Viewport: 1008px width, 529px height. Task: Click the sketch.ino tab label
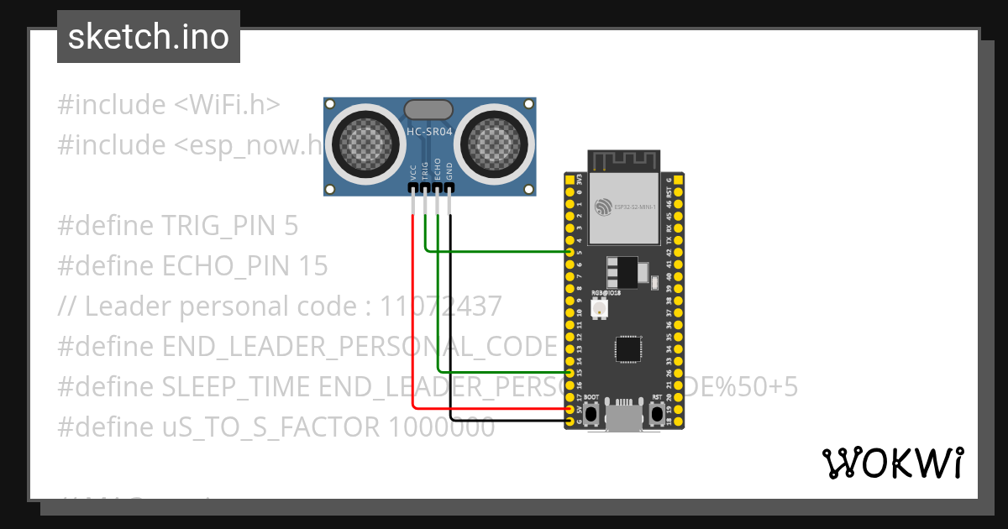(x=148, y=37)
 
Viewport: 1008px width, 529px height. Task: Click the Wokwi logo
(x=892, y=463)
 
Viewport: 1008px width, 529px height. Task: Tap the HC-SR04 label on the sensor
(x=430, y=132)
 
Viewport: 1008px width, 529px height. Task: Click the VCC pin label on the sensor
(x=413, y=172)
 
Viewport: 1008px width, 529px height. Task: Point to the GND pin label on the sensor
(x=450, y=172)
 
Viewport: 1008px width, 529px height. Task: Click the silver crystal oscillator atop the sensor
(x=429, y=109)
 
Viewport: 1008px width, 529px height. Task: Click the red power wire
(x=412, y=319)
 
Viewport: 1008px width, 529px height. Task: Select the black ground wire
(x=450, y=336)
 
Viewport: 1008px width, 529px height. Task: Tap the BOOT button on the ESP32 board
(x=592, y=413)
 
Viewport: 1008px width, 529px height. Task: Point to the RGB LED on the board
(x=600, y=309)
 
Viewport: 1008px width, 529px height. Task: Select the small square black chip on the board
(x=627, y=348)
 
